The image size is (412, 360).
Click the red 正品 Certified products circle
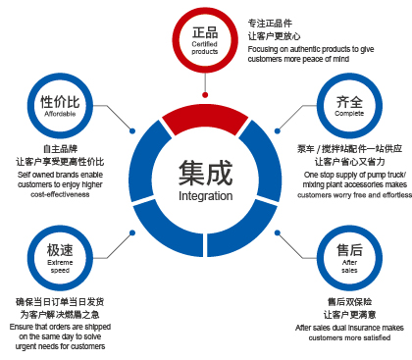click(205, 39)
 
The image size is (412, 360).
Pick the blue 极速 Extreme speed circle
click(60, 255)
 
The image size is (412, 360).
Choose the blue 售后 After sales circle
click(350, 255)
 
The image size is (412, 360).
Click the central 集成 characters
click(205, 173)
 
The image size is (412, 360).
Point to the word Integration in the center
click(205, 195)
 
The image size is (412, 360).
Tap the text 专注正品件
click(270, 22)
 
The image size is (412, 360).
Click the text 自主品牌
click(60, 147)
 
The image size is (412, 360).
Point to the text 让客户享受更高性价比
click(60, 161)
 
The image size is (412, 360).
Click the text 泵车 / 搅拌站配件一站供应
click(350, 147)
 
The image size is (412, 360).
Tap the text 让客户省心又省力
click(350, 161)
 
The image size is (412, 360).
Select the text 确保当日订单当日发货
click(60, 301)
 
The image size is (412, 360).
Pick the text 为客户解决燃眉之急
click(60, 314)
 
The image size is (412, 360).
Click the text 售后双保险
click(350, 301)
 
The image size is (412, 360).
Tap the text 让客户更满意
click(350, 314)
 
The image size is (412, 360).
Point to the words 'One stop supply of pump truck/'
click(350, 174)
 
